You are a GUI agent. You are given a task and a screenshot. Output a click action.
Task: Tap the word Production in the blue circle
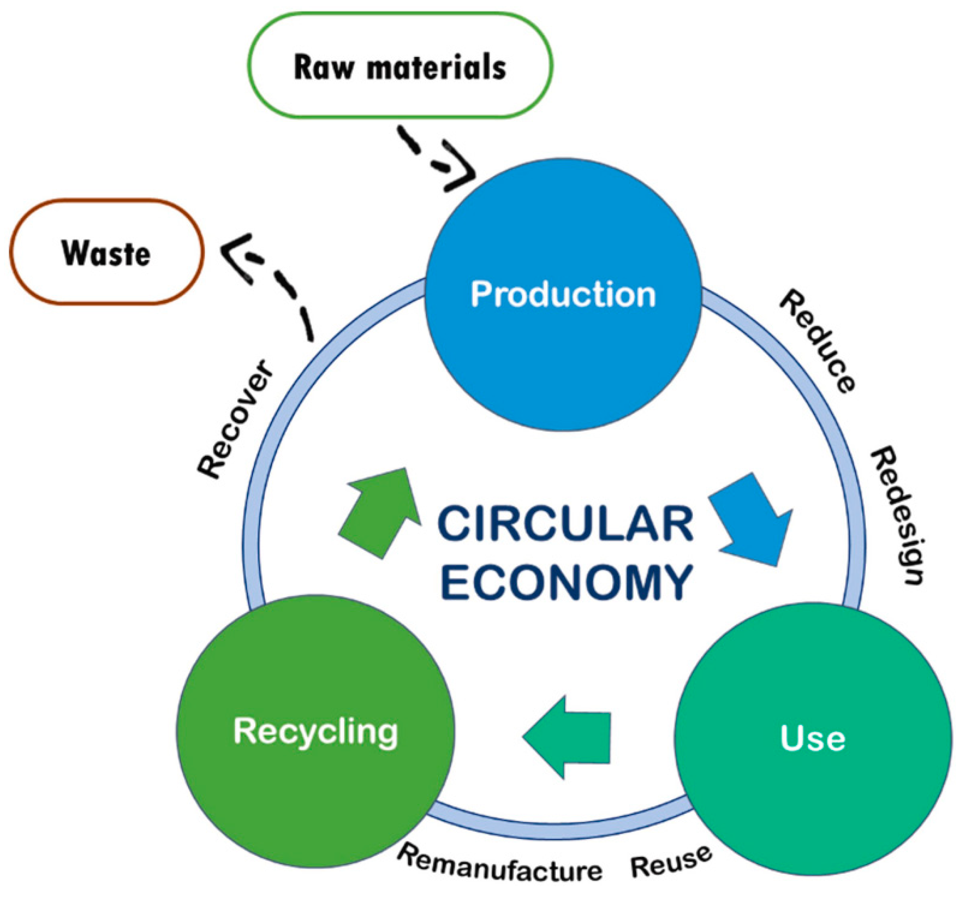point(563,294)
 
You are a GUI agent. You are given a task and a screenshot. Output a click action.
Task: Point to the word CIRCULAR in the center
point(565,524)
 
